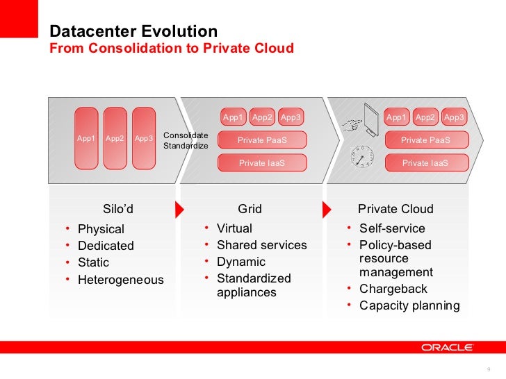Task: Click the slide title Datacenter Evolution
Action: [x=133, y=32]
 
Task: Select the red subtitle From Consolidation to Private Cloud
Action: [x=172, y=49]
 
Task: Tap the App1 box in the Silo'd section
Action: [x=86, y=138]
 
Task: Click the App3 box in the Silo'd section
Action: [x=144, y=138]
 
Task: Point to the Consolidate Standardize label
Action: [x=185, y=140]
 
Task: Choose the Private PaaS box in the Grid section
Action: [x=262, y=140]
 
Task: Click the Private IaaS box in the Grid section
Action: [x=262, y=163]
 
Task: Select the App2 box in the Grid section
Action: [x=262, y=117]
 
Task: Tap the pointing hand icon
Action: [x=354, y=125]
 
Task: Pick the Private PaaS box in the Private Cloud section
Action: [x=425, y=140]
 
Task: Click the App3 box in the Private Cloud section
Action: [x=454, y=117]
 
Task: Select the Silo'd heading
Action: [x=117, y=209]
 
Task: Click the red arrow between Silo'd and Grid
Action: [x=179, y=209]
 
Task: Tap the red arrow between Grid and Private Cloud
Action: [x=325, y=209]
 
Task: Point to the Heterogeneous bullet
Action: [x=120, y=280]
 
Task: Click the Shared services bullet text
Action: [x=261, y=245]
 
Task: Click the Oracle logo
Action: [x=447, y=347]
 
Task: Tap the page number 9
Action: [x=489, y=369]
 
